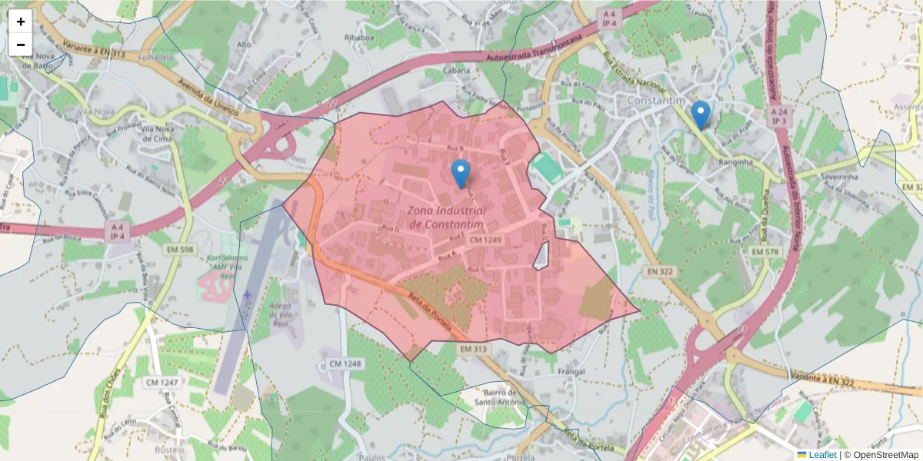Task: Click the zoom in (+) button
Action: [21, 22]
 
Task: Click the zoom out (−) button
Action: [21, 45]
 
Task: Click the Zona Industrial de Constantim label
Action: [447, 217]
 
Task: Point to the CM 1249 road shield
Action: [485, 240]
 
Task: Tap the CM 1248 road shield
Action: [345, 363]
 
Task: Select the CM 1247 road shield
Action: [161, 382]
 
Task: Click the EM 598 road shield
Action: [180, 250]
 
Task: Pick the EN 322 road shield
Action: [659, 272]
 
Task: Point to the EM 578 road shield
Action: [765, 252]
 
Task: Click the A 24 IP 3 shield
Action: [778, 116]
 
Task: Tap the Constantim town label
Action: [656, 101]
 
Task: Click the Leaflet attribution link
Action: [822, 455]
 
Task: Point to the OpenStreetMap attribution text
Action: [881, 455]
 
